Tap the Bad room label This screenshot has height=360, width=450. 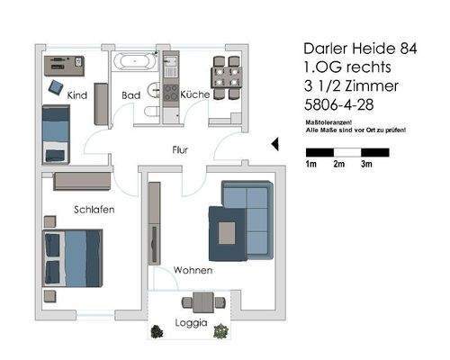point(131,94)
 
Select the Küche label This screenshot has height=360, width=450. point(195,94)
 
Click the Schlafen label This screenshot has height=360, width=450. point(94,210)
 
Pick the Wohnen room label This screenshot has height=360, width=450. point(193,270)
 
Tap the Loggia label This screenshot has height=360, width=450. point(192,322)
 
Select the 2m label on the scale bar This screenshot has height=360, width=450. point(339,165)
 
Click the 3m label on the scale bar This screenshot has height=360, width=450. point(367,165)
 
